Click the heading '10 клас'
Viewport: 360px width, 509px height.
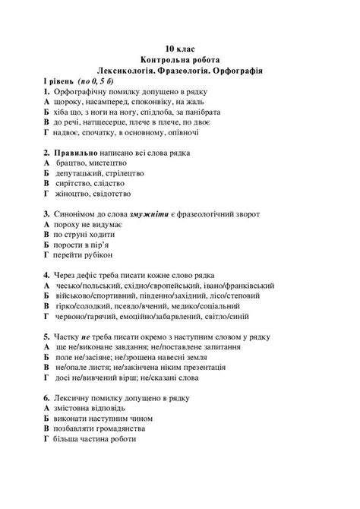pyautogui.click(x=180, y=48)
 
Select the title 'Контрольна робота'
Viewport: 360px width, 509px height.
pyautogui.click(x=180, y=59)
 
